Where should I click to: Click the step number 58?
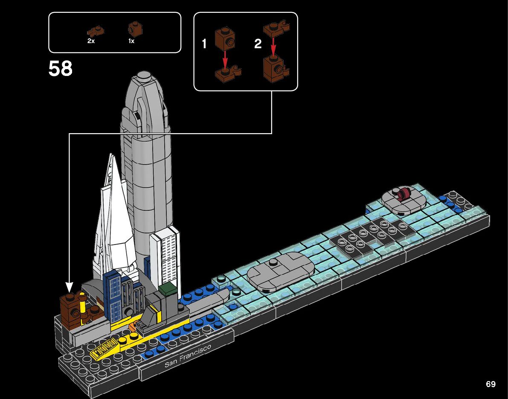click(61, 69)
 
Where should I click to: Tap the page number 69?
click(491, 384)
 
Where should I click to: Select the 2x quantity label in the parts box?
click(91, 41)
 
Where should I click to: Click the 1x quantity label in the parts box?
click(131, 41)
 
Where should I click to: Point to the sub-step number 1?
click(204, 44)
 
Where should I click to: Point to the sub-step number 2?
click(258, 44)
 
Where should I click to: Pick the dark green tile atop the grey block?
click(168, 288)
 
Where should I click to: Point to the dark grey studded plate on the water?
click(370, 235)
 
